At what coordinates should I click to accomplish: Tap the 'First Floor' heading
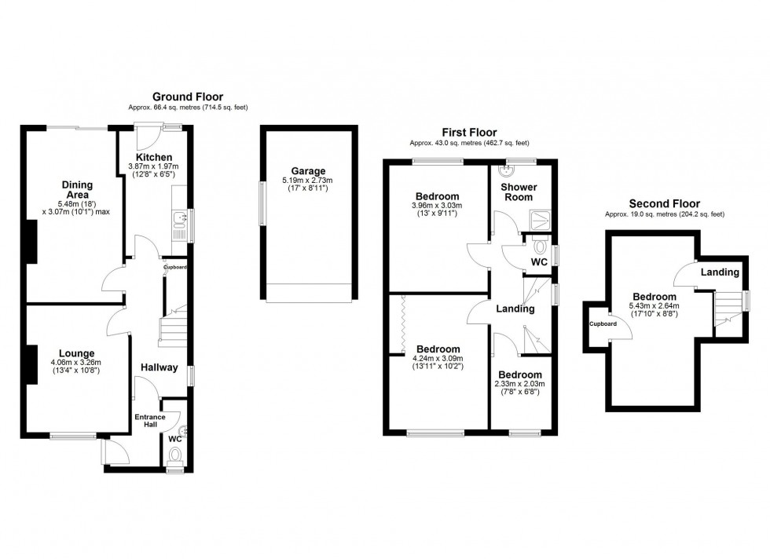469,133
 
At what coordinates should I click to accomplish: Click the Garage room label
308,171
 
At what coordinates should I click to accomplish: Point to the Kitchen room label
153,158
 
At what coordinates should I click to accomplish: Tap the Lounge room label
75,353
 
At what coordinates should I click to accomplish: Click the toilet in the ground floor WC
175,455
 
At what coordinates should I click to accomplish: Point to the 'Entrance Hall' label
147,421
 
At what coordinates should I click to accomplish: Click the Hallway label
159,367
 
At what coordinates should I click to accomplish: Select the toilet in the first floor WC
540,244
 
